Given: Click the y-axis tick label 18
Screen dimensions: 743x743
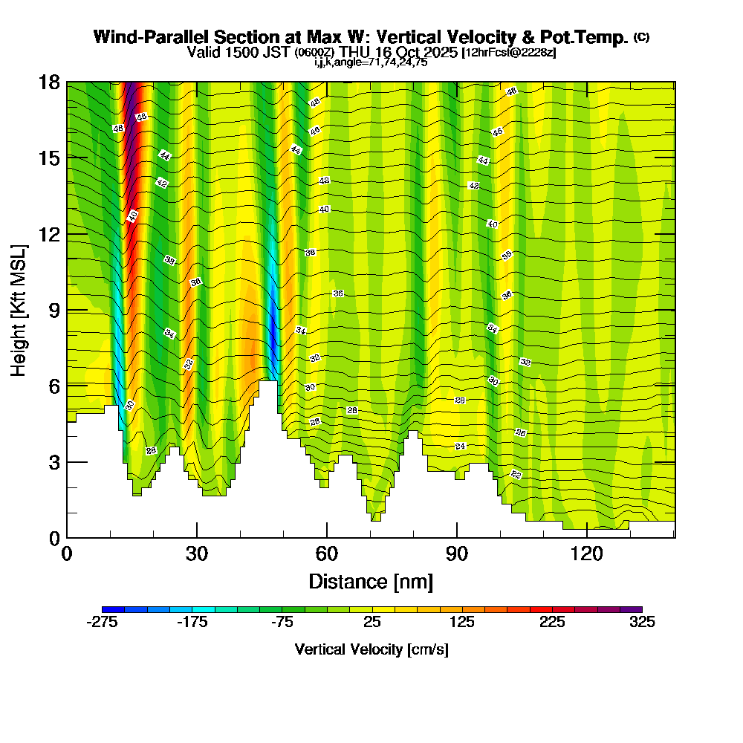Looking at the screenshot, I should pyautogui.click(x=49, y=82).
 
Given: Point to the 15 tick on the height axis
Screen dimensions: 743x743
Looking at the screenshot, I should pyautogui.click(x=49, y=158).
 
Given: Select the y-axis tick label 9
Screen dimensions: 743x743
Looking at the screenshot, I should pyautogui.click(x=54, y=310).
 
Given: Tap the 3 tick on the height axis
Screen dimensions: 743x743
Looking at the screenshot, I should pyautogui.click(x=54, y=462).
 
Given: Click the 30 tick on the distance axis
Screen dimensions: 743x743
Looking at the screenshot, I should pyautogui.click(x=197, y=554).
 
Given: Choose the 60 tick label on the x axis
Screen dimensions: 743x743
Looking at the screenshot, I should pyautogui.click(x=327, y=554).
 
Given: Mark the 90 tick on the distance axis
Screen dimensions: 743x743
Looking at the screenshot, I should pyautogui.click(x=457, y=554).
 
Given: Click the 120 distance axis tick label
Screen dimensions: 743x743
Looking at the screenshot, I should pyautogui.click(x=587, y=554).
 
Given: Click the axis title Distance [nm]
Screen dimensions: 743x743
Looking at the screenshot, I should pyautogui.click(x=371, y=581).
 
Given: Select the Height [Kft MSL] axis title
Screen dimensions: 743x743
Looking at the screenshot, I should pyautogui.click(x=20, y=309).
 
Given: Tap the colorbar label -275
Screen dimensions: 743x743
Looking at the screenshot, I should pyautogui.click(x=103, y=623).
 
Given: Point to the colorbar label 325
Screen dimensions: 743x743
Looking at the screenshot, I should pyautogui.click(x=642, y=623).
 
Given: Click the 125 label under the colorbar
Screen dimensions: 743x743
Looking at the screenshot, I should pyautogui.click(x=462, y=623).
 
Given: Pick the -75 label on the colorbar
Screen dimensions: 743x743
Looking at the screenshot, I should pyautogui.click(x=282, y=623).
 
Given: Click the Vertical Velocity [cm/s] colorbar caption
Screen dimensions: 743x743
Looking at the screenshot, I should pyautogui.click(x=371, y=649).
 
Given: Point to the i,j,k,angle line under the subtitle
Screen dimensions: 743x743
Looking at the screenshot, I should pyautogui.click(x=371, y=62).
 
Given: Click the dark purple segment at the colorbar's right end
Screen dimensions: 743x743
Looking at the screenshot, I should pyautogui.click(x=636, y=609).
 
